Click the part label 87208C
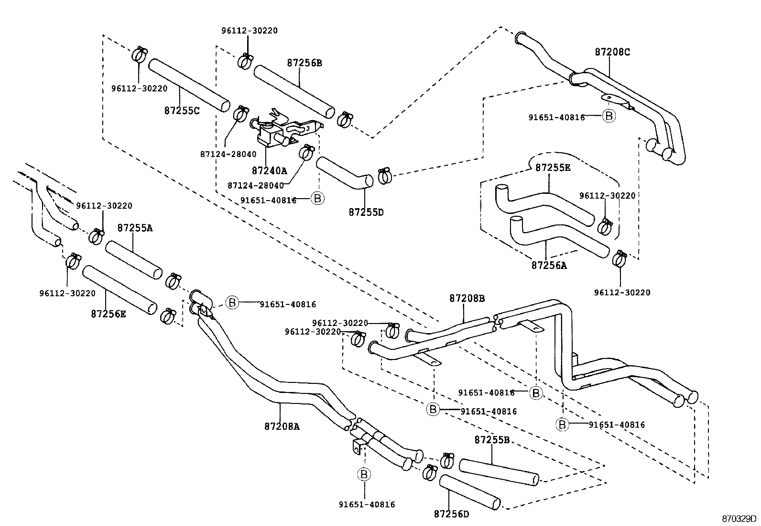click(612, 52)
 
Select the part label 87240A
click(269, 170)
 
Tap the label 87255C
click(182, 110)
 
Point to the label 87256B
click(304, 63)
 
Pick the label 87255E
click(553, 168)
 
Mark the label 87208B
click(467, 298)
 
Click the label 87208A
click(282, 426)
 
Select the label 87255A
click(135, 228)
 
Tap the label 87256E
click(109, 314)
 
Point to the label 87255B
click(492, 440)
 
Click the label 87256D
click(452, 514)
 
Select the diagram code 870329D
click(739, 518)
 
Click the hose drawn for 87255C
click(189, 86)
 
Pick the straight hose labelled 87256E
click(120, 290)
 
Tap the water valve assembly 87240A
click(282, 132)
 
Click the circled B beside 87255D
click(317, 198)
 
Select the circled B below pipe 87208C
click(609, 116)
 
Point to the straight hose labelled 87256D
click(470, 492)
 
